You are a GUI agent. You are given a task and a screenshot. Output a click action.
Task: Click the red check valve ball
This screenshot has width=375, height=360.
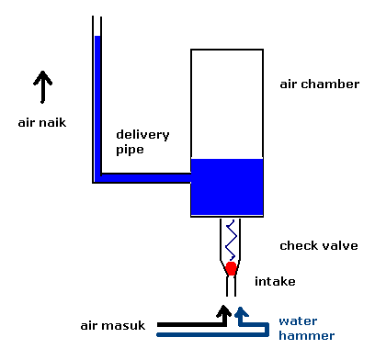[x=231, y=268]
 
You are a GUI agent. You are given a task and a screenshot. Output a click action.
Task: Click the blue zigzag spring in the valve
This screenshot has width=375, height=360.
[x=231, y=241]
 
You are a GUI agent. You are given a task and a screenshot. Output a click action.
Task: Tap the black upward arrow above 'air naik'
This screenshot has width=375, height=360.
[x=43, y=90]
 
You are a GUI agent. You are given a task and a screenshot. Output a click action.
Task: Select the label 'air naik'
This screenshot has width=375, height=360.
[x=41, y=120]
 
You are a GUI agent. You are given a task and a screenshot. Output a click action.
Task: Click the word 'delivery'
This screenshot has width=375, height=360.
[x=142, y=134]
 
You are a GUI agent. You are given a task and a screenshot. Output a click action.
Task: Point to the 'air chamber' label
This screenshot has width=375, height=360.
[x=319, y=84]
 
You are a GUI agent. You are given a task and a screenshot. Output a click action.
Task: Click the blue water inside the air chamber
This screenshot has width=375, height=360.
[x=227, y=187]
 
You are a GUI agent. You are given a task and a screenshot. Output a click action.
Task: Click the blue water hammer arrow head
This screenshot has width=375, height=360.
[x=242, y=312]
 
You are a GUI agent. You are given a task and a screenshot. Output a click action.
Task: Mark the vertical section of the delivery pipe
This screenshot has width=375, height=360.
[x=97, y=101]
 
